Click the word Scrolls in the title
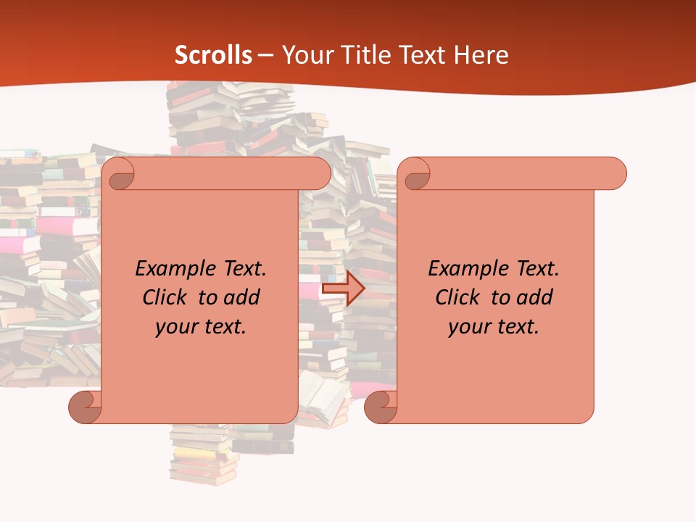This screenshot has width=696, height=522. point(214,54)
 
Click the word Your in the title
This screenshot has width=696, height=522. point(305,54)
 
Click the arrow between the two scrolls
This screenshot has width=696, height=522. point(344,289)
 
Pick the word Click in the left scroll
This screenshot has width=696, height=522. point(165,297)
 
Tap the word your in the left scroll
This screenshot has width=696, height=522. point(177,327)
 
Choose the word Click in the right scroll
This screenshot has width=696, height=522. point(457,297)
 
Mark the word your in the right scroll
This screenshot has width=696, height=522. point(470,327)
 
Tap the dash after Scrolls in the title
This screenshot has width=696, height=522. point(265,54)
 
